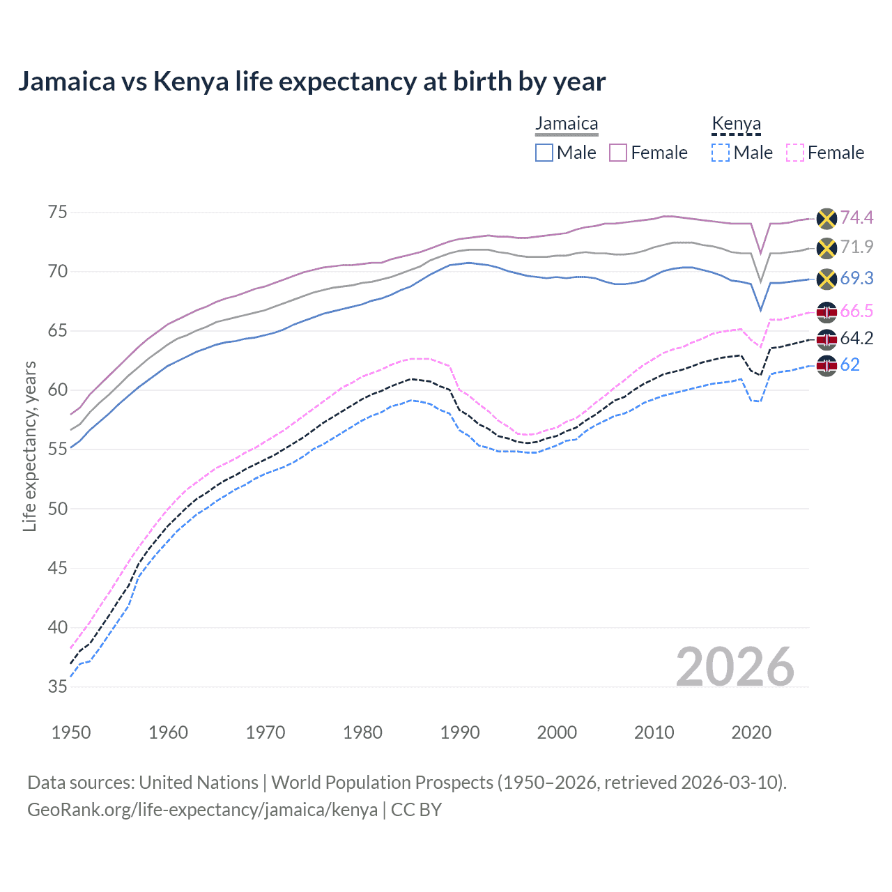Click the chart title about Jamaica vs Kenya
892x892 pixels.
tap(312, 82)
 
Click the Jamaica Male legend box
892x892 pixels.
tap(544, 153)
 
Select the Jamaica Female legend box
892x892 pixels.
tap(618, 153)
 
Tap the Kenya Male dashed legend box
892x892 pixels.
tap(721, 153)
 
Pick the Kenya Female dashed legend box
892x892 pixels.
tap(794, 153)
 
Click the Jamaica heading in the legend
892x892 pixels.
tap(567, 124)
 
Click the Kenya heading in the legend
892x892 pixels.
tap(736, 124)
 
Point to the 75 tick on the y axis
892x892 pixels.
tap(58, 212)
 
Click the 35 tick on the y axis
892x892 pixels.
tap(58, 686)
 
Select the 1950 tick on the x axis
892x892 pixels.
tap(71, 732)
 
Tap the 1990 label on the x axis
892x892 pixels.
tap(460, 732)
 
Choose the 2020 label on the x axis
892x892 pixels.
tap(751, 732)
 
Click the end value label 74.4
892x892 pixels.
tap(856, 218)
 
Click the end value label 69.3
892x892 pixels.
tap(856, 279)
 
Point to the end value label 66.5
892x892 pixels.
tap(856, 311)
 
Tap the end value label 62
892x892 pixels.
tap(849, 364)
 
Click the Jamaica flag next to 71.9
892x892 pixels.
tap(826, 247)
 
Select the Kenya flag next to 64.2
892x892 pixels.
tap(826, 339)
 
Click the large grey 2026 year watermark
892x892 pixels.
tap(735, 667)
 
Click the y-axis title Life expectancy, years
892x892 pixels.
tap(30, 446)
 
